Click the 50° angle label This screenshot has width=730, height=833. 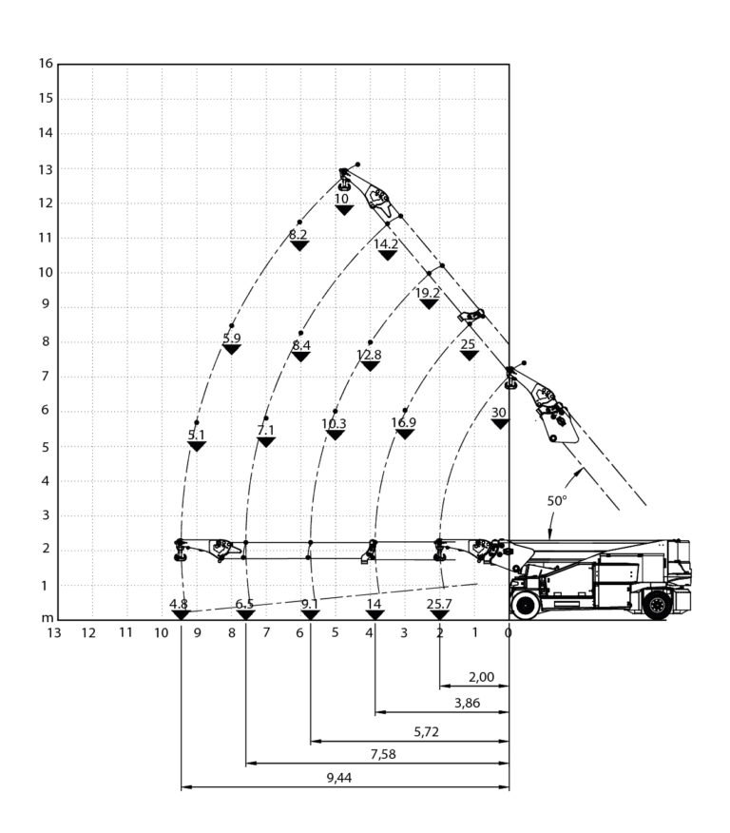(x=557, y=500)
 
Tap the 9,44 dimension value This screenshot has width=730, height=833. (x=339, y=778)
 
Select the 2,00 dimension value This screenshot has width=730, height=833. (x=482, y=677)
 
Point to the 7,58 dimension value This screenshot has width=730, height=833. (x=383, y=754)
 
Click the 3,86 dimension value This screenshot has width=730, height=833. (x=468, y=703)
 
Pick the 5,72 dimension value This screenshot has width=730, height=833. (x=427, y=731)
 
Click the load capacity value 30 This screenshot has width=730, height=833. (x=498, y=413)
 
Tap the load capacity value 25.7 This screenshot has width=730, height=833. (x=439, y=604)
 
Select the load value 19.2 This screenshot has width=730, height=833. (x=428, y=293)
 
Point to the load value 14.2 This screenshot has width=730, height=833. (x=386, y=243)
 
